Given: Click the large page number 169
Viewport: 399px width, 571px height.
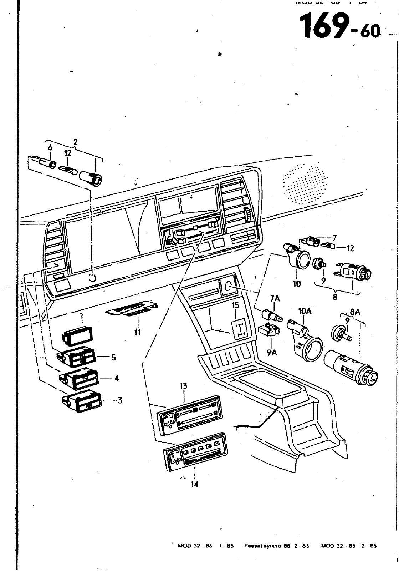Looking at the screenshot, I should [324, 26].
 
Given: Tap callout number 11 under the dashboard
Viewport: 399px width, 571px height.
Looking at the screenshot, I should [138, 332].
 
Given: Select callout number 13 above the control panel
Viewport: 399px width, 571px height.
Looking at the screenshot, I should [184, 386].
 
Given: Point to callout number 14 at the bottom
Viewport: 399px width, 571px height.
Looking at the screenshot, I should [195, 484].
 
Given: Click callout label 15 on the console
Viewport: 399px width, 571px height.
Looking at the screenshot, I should [235, 305].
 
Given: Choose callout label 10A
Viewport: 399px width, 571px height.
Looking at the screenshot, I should [305, 311].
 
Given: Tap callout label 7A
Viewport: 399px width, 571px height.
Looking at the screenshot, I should [275, 298].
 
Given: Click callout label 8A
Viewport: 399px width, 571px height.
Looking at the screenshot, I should [355, 312].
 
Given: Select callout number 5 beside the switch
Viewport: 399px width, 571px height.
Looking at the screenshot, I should [114, 357].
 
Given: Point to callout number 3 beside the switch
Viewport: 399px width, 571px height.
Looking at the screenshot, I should [120, 400].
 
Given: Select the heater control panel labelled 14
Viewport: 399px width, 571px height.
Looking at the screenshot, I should [195, 453].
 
